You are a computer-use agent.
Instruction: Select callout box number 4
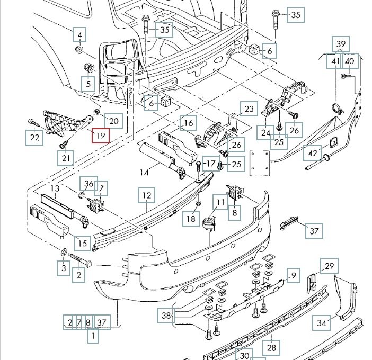80,35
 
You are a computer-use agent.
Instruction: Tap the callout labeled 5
88,83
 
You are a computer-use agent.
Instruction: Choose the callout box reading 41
335,61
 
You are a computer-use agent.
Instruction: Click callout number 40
349,61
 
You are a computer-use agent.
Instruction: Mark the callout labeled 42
312,154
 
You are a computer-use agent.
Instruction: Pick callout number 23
249,110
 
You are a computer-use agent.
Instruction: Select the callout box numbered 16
188,124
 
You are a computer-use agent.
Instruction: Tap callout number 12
147,196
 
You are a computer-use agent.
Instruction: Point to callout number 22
34,138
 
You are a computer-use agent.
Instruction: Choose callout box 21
66,158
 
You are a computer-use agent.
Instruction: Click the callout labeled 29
330,266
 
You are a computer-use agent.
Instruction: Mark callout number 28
272,347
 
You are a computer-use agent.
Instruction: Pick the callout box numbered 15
82,244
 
